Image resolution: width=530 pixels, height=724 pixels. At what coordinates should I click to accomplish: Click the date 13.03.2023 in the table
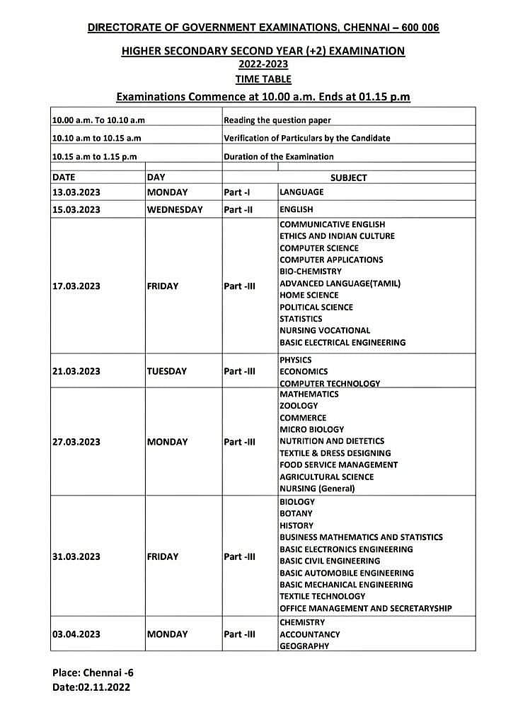coord(76,192)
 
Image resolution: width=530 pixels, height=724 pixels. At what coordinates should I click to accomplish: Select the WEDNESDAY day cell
coord(175,209)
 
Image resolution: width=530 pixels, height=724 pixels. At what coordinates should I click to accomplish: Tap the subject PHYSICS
coord(295,360)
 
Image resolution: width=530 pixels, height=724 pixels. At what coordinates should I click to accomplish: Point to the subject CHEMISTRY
coord(302,622)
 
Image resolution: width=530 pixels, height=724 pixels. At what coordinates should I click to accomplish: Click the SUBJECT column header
coord(348,178)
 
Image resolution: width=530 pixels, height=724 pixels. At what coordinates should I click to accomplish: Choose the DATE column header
coord(64,177)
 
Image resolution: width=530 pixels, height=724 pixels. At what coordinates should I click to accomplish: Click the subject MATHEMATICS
coord(309,394)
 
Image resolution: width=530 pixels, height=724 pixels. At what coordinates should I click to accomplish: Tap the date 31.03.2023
coord(76,556)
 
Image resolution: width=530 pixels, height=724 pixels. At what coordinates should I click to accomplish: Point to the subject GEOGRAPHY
coord(304,646)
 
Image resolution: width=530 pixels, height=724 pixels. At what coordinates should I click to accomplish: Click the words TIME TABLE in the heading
coord(263,79)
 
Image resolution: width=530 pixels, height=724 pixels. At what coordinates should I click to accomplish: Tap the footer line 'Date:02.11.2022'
coord(91,687)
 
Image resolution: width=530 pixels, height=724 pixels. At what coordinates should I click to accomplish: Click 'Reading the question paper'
coord(277,120)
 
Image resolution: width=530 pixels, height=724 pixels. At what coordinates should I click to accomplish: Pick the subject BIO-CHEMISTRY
coord(311,271)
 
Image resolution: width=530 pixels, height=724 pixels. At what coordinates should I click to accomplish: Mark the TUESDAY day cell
coord(167,371)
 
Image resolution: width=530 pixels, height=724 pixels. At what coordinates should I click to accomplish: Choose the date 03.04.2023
coord(76,634)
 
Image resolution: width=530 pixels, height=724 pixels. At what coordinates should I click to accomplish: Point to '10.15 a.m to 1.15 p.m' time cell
coord(94,156)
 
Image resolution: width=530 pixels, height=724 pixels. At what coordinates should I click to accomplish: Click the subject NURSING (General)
coord(317,489)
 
